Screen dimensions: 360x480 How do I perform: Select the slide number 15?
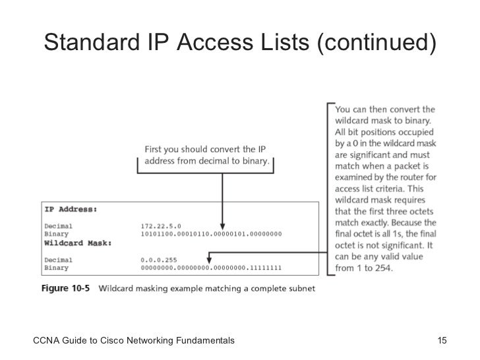(442, 340)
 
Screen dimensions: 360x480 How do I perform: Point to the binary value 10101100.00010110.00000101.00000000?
(212, 233)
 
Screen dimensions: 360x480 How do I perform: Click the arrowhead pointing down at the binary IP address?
(222, 225)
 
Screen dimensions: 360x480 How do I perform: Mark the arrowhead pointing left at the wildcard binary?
(210, 251)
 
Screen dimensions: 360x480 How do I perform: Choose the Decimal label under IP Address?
(59, 225)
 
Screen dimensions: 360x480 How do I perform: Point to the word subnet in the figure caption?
(301, 288)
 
